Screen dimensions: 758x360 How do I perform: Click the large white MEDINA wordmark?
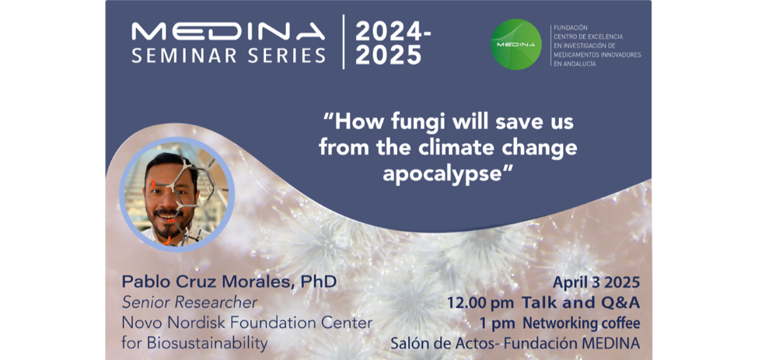[228, 32]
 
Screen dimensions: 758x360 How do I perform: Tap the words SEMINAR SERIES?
[228, 55]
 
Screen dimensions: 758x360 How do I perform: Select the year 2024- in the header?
[393, 32]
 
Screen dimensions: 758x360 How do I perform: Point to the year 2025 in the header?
[388, 55]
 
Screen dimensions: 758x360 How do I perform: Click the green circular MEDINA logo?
[515, 44]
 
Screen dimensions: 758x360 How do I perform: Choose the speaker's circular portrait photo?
[177, 194]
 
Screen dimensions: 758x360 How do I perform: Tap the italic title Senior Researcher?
[190, 303]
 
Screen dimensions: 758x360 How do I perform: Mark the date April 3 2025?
[596, 283]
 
